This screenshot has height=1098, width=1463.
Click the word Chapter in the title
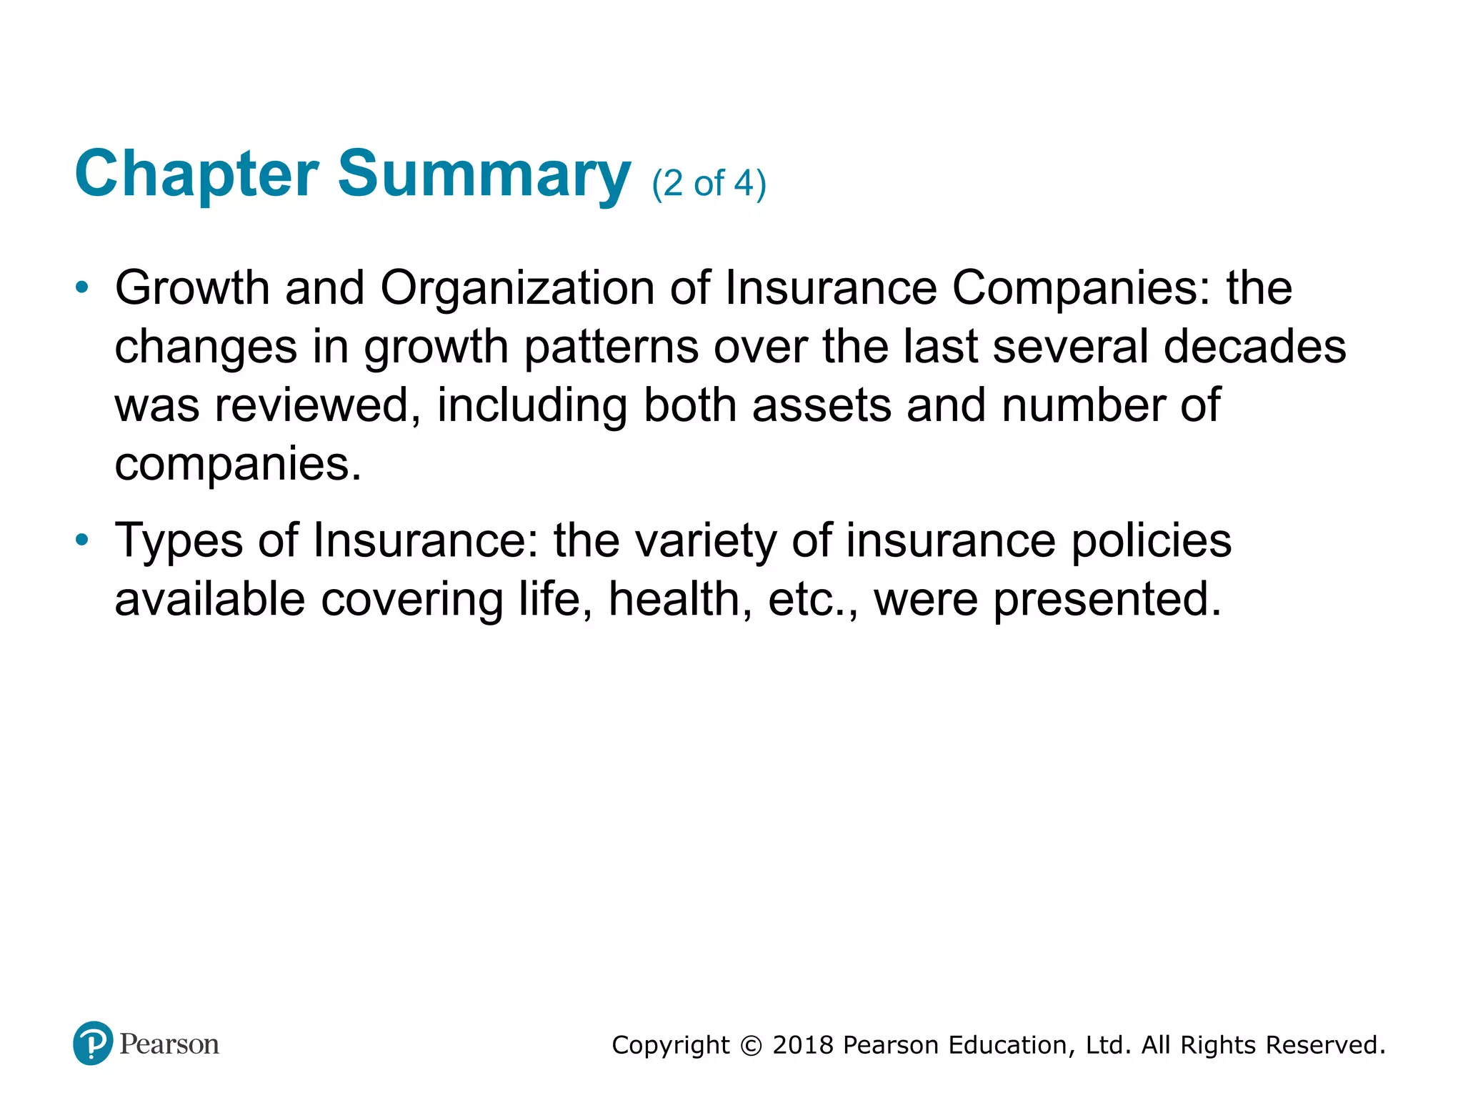[196, 175]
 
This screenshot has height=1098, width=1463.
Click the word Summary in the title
[484, 175]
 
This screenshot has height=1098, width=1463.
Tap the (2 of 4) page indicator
[709, 184]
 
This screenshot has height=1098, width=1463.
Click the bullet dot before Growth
[83, 288]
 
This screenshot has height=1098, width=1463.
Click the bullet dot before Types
[83, 540]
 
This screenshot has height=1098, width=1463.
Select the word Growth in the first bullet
[192, 288]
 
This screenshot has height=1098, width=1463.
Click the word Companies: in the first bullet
[1082, 288]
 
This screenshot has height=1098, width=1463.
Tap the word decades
[1254, 347]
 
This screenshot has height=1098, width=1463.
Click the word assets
[822, 405]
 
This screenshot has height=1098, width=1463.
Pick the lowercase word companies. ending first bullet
[238, 465]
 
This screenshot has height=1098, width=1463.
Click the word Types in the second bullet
[179, 540]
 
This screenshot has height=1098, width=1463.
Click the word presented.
[1107, 599]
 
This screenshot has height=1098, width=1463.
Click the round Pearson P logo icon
[93, 1043]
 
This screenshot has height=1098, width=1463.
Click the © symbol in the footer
[751, 1046]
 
